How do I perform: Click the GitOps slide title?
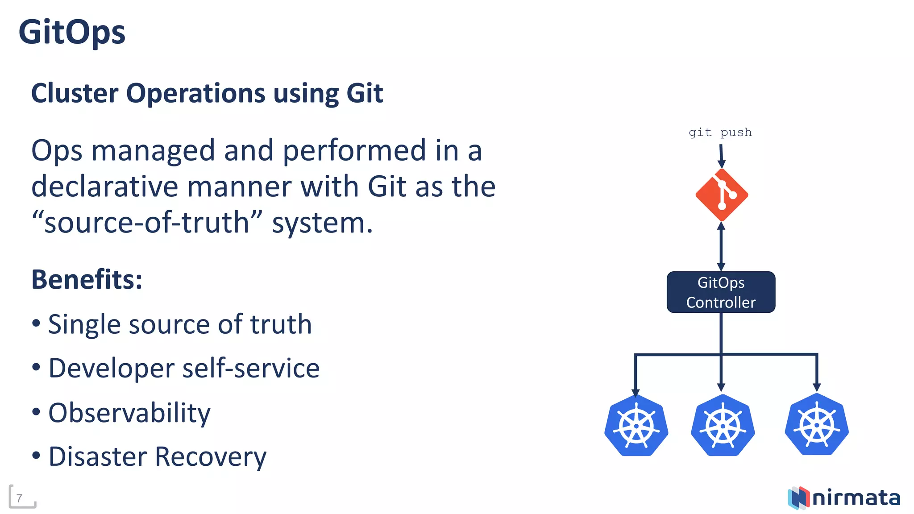click(72, 33)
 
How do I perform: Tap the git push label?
click(720, 133)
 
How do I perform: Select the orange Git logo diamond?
click(722, 195)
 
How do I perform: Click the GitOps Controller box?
click(721, 292)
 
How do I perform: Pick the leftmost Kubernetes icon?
click(636, 425)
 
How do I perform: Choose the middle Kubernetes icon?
click(723, 425)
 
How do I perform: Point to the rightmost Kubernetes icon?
click(817, 424)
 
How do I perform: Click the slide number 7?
click(20, 498)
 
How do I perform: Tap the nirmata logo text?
click(856, 498)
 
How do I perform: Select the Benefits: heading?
click(87, 280)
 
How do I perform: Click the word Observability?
click(129, 413)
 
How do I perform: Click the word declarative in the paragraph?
click(104, 186)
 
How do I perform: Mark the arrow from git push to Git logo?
click(721, 156)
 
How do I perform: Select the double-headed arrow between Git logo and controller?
click(721, 246)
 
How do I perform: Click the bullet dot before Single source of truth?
click(36, 323)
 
